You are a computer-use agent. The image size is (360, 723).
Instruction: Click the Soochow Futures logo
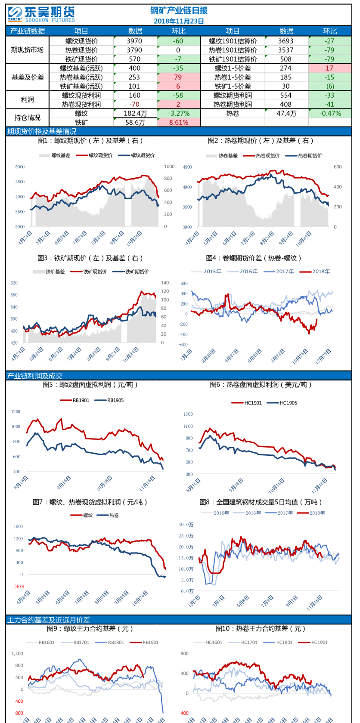[x=41, y=14]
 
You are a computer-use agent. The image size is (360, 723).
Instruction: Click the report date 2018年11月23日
[x=179, y=21]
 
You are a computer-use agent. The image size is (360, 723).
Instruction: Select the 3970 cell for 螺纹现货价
[x=134, y=41]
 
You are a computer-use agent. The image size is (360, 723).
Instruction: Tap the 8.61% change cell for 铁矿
[x=179, y=122]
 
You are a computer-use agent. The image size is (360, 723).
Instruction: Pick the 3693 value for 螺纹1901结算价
[x=286, y=41]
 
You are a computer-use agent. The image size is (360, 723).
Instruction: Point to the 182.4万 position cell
[x=135, y=113]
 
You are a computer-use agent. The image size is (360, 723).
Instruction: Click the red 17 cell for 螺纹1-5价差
[x=329, y=68]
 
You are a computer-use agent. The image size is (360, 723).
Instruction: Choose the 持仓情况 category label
[x=28, y=117]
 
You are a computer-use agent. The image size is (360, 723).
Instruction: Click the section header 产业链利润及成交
[x=35, y=376]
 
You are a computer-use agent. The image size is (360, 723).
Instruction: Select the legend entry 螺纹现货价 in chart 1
[x=100, y=155]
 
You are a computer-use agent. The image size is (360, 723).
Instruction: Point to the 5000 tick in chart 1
[x=20, y=167]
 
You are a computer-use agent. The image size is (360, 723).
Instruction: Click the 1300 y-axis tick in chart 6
[x=188, y=414]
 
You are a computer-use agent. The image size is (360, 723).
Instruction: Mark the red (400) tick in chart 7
[x=19, y=587]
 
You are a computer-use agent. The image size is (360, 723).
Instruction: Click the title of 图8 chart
[x=261, y=502]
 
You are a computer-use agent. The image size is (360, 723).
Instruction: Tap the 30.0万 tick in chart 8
[x=186, y=525]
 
